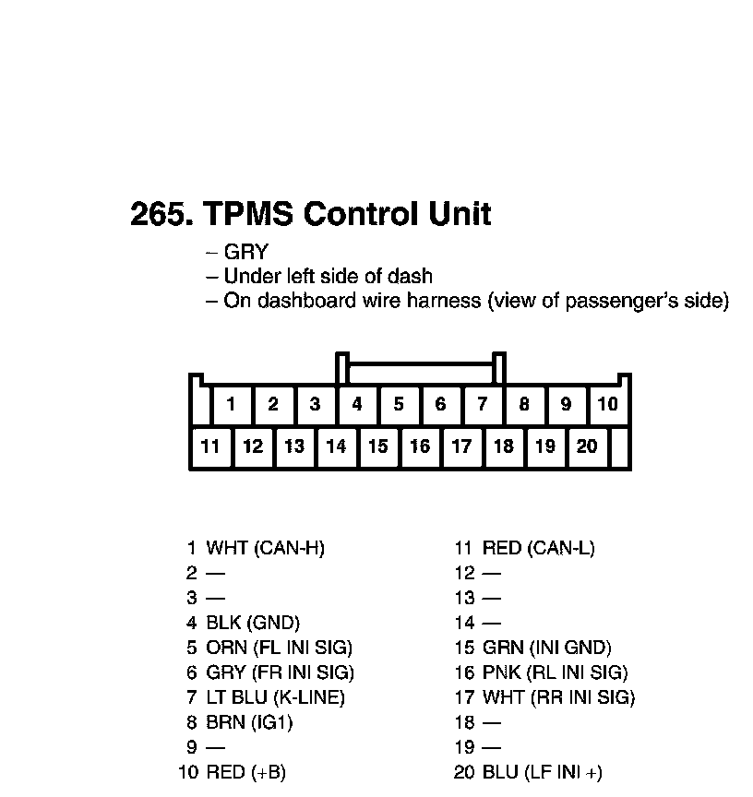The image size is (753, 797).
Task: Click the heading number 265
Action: point(161,214)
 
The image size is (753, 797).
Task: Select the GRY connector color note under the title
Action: point(245,252)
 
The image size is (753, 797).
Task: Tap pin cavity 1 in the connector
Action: point(232,404)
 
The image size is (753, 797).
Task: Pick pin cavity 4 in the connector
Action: point(357,404)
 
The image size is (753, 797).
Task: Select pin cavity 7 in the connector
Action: point(482,404)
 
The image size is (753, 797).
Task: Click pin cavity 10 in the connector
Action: point(607,404)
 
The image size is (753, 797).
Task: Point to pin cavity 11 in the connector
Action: point(210,446)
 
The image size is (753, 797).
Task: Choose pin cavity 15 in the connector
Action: point(377,446)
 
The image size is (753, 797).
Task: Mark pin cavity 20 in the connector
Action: point(587,446)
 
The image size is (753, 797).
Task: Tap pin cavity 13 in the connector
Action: point(294,446)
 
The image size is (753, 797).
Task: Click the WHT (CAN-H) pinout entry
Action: point(265,548)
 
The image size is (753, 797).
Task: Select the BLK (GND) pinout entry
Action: point(253,623)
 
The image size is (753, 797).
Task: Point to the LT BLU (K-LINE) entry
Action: point(275,697)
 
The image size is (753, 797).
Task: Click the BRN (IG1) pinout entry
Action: point(249,722)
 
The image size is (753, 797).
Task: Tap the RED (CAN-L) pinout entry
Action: point(538,548)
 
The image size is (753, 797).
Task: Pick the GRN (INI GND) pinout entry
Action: point(546,648)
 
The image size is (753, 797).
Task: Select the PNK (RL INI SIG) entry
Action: point(555,672)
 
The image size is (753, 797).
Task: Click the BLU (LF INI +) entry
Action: point(542,772)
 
